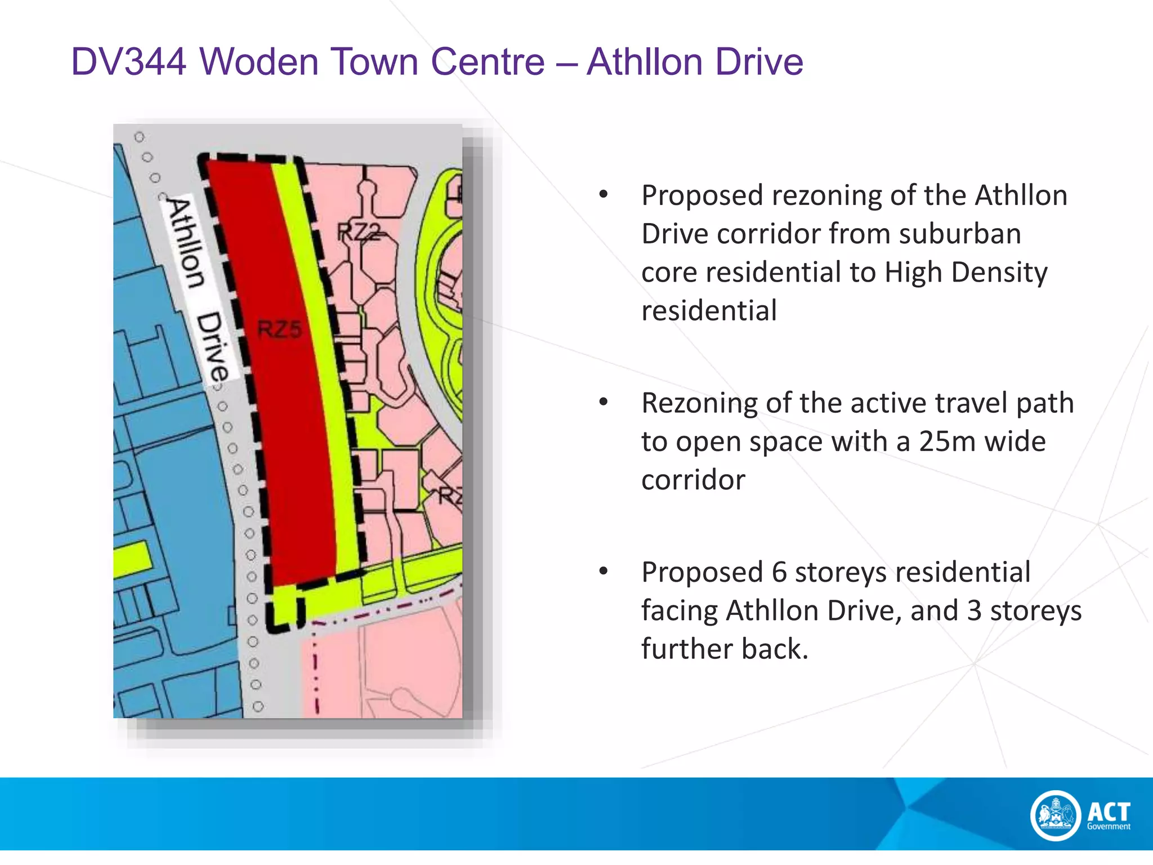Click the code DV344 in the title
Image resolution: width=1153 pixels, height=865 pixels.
click(x=128, y=61)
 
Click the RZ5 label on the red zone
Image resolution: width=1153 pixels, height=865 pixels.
click(x=280, y=329)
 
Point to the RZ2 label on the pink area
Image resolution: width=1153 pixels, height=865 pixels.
click(x=359, y=231)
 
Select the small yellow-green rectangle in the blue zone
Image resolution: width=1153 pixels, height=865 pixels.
click(x=133, y=560)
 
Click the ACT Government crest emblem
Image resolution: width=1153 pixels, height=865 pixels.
click(x=1056, y=815)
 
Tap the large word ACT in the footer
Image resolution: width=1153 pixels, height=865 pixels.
click(x=1109, y=812)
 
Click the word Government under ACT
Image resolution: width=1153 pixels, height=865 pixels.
click(x=1109, y=827)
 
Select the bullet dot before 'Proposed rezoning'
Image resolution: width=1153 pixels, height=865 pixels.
click(x=604, y=195)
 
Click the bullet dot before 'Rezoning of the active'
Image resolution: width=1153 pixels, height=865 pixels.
click(x=604, y=402)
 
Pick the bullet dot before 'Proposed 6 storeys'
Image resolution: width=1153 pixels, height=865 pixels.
click(x=604, y=571)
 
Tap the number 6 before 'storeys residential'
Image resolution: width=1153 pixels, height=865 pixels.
click(x=779, y=572)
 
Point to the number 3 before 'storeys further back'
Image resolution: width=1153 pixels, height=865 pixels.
click(x=975, y=610)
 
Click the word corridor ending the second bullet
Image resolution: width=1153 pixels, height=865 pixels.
click(x=693, y=480)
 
